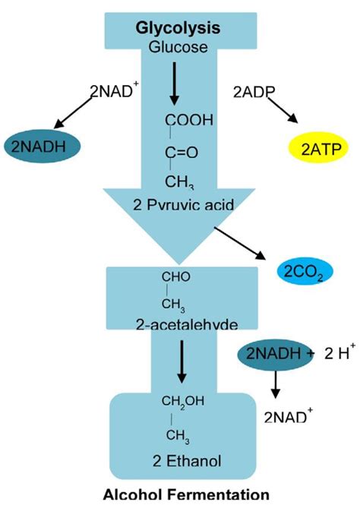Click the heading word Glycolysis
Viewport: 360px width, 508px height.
[x=178, y=28]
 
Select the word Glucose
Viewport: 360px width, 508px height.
[x=178, y=48]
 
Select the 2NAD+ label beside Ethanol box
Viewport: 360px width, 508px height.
[x=286, y=417]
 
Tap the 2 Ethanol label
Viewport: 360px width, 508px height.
[x=179, y=460]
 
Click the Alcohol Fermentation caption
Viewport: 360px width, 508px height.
[x=179, y=494]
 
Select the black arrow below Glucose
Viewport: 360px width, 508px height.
[x=175, y=84]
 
